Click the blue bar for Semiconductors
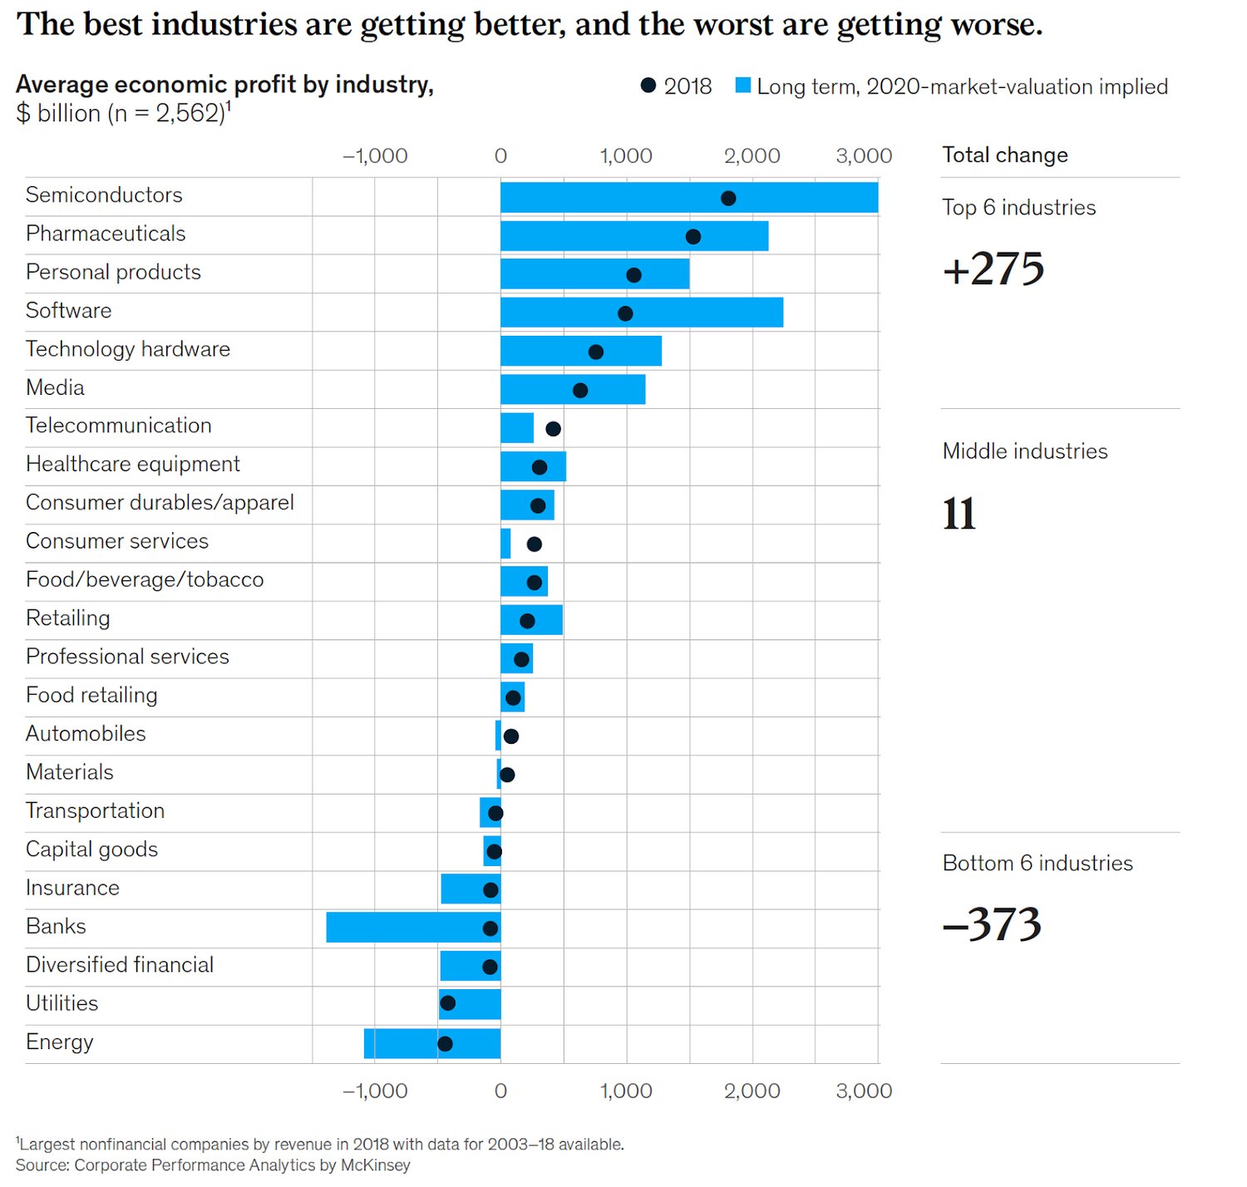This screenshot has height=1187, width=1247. coord(688,198)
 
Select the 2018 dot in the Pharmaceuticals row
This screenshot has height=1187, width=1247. coord(693,237)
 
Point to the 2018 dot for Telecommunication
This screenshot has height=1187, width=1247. coord(553,429)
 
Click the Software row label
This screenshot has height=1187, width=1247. coord(68,311)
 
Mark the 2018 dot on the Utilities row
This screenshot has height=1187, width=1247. coord(447,1003)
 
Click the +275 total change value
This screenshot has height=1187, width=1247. coord(993,269)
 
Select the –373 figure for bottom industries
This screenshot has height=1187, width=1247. coord(992,924)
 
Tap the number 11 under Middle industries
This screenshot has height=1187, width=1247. coord(959,514)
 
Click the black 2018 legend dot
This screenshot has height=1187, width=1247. coord(648,86)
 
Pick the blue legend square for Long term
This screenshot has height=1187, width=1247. coord(743,86)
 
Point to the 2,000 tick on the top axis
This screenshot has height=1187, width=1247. coord(752,156)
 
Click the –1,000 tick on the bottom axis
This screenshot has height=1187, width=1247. coord(375,1091)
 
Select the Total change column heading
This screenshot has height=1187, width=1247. coord(1004,155)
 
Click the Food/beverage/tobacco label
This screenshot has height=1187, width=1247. coord(145,580)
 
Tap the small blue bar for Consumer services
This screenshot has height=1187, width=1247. coord(505,544)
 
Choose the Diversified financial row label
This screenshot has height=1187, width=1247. coord(120,965)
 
